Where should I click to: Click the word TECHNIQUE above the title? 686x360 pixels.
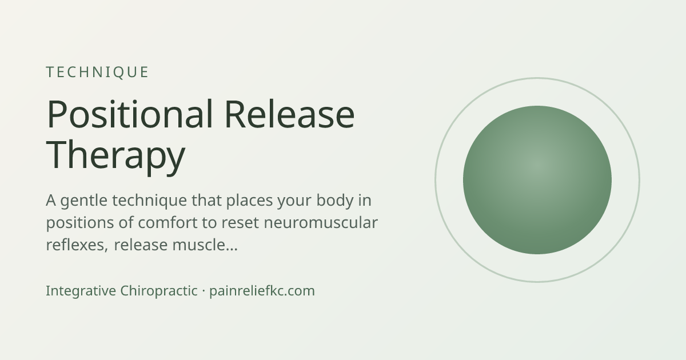point(97,73)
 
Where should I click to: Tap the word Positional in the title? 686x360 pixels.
point(130,114)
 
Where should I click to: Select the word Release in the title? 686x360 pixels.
point(290,114)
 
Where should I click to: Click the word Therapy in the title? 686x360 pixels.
point(115,156)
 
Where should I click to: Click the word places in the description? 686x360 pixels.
point(250,201)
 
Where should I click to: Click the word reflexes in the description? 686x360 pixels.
point(77,245)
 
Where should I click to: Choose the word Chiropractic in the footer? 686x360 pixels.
point(159,291)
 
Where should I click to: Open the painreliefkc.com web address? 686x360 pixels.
point(262,291)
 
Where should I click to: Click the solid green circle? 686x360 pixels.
point(537,180)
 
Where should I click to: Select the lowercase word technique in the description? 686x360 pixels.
point(149,201)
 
